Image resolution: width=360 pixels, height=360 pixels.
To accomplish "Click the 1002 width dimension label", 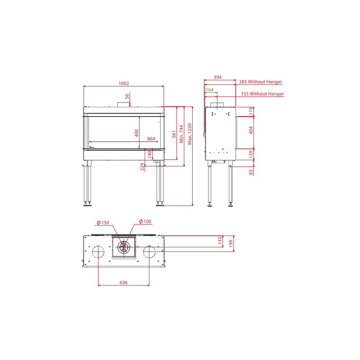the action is coord(124,83).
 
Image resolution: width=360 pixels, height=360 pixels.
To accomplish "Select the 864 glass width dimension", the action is coord(151,139).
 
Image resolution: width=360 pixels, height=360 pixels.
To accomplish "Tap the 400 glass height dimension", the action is coord(136,133).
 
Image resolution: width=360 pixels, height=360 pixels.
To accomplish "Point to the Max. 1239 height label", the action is coord(189,134).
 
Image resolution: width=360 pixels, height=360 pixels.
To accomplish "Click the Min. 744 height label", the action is coord(181,134).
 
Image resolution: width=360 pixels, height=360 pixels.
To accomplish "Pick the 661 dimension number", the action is coord(174,134).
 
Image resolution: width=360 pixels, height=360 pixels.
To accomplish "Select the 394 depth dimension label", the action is coord(217,77).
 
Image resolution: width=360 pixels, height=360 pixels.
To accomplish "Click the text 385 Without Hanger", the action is coord(261,82).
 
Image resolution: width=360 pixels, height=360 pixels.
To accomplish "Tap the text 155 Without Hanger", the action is coord(262,94).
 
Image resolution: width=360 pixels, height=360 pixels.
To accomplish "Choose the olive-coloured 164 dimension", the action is coord(209,90).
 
